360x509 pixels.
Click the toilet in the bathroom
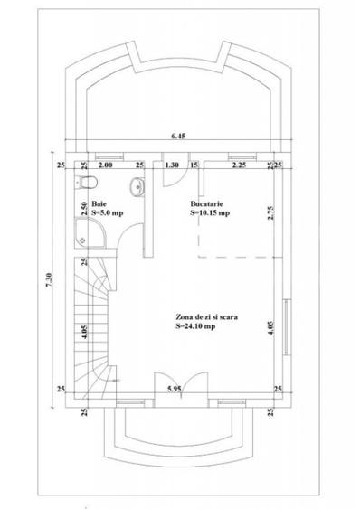click(87, 182)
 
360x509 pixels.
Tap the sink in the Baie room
click(137, 187)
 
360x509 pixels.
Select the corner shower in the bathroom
click(90, 233)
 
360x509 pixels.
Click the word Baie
click(99, 204)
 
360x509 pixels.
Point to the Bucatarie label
click(206, 203)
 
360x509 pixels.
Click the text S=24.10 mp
click(195, 326)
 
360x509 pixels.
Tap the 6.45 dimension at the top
click(178, 136)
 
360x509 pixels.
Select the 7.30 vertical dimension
click(49, 280)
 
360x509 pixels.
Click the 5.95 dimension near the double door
click(175, 389)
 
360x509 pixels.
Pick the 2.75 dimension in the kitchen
click(270, 213)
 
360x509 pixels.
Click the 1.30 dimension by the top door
click(172, 165)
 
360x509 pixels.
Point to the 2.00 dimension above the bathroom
click(105, 165)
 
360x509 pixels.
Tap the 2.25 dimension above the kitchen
click(239, 165)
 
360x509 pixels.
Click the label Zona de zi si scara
click(206, 316)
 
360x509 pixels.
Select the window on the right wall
click(286, 327)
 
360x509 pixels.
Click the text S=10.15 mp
click(210, 213)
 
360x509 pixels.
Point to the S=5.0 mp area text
click(108, 213)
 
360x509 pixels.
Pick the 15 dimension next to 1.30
click(194, 165)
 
